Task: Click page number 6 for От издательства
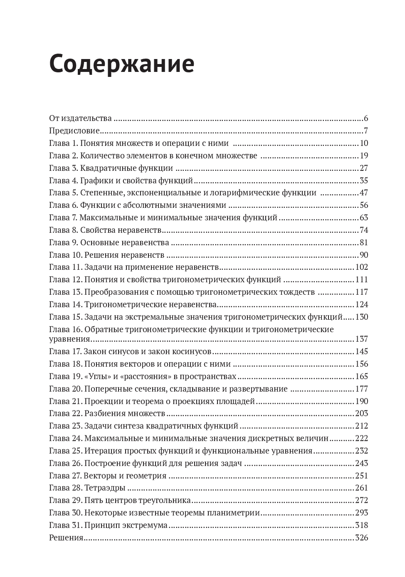(366, 118)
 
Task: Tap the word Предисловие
(74, 131)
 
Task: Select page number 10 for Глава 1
(364, 143)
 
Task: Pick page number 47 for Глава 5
(364, 193)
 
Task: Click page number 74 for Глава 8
(364, 230)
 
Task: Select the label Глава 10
(65, 255)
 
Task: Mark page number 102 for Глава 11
(362, 267)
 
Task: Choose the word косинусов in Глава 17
(192, 352)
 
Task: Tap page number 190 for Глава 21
(362, 402)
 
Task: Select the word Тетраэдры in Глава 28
(105, 488)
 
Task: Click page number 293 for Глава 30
(362, 513)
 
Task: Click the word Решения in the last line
(66, 538)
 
